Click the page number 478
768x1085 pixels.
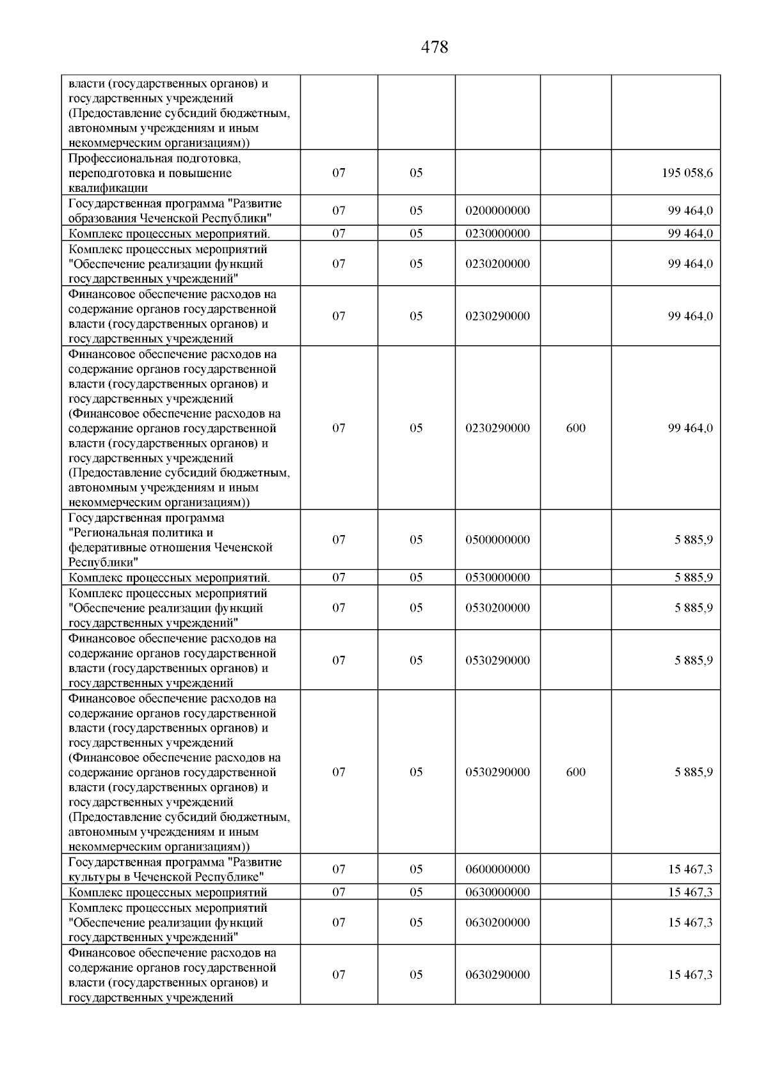[435, 47]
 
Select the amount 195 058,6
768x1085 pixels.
[687, 173]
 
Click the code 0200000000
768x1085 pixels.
[497, 211]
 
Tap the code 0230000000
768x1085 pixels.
[497, 233]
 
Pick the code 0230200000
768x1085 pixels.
[497, 264]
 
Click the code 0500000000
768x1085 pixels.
[497, 540]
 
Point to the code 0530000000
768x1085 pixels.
[497, 577]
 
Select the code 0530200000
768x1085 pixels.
[497, 608]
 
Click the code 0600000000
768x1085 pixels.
[497, 870]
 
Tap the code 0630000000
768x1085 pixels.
[497, 892]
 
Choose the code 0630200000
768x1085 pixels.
[497, 923]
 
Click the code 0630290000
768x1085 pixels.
[497, 975]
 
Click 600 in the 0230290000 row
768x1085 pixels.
[575, 428]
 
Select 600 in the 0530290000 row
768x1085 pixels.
[575, 772]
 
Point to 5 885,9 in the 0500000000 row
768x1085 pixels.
[693, 540]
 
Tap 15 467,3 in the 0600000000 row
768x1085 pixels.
[690, 870]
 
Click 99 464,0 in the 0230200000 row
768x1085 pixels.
[690, 264]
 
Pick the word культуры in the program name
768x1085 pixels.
[90, 877]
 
